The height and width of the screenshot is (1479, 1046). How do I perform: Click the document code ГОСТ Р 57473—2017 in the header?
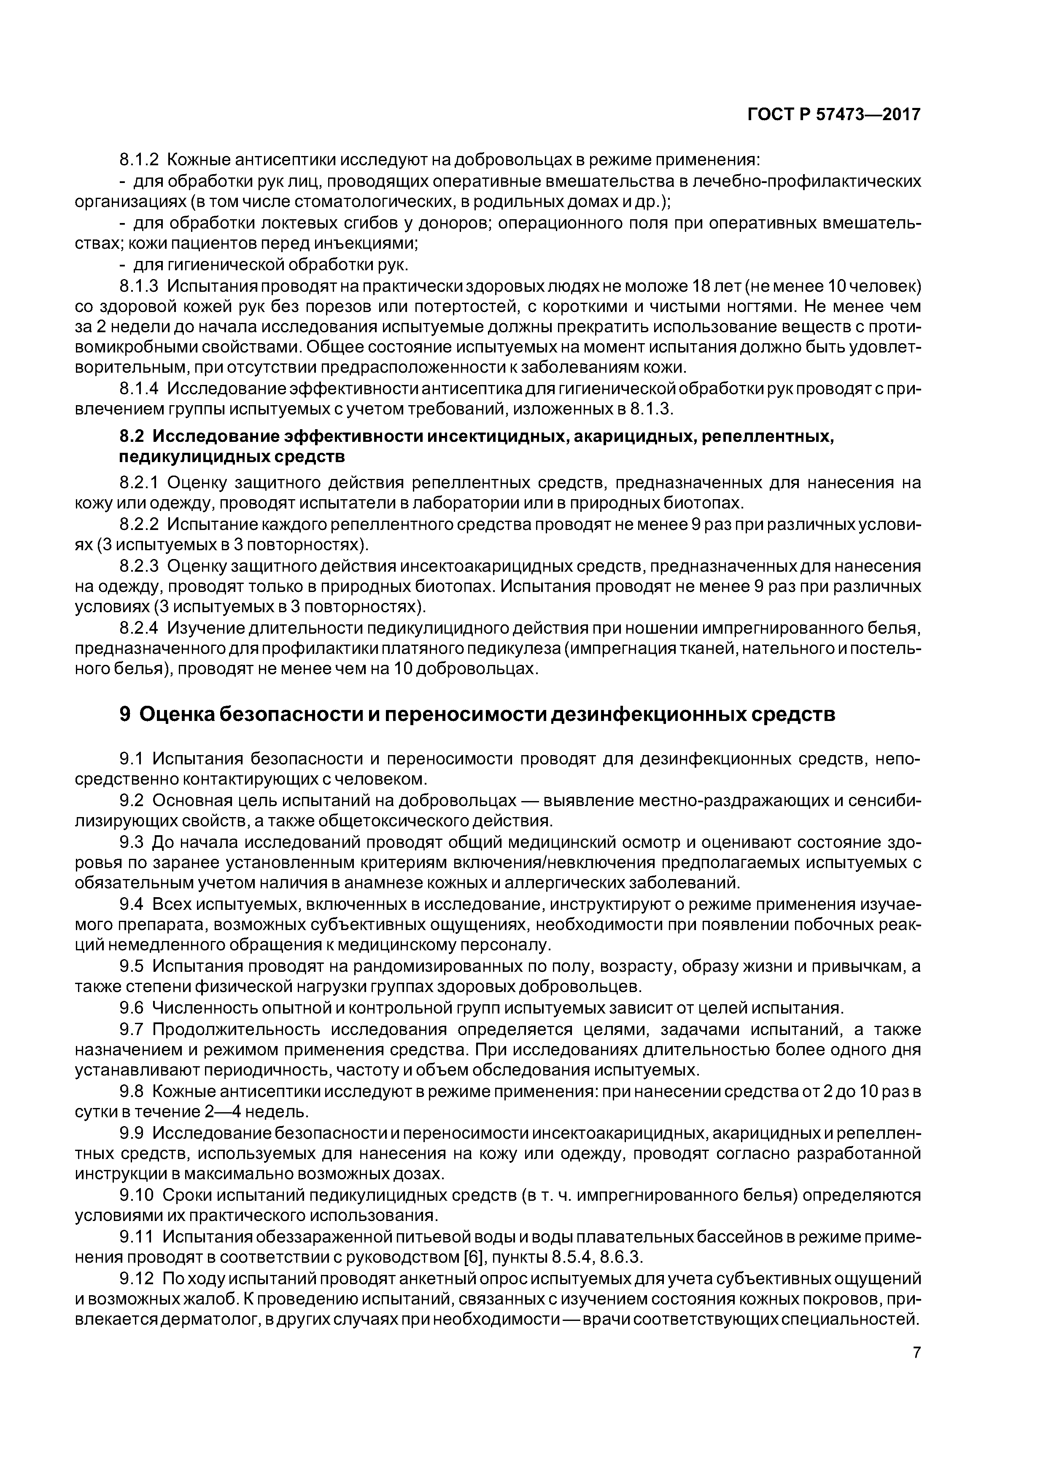tap(834, 115)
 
